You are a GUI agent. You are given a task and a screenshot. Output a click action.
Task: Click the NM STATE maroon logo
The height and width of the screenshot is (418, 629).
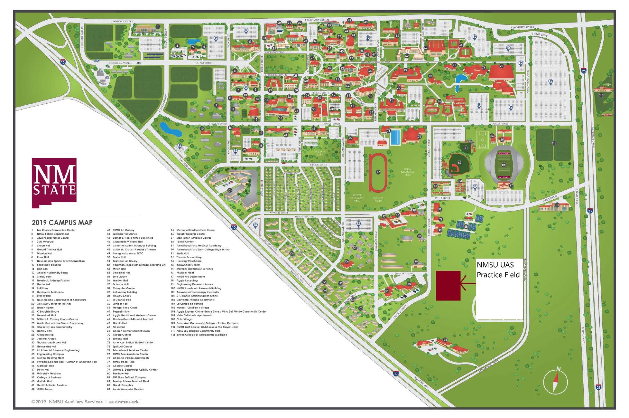click(54, 182)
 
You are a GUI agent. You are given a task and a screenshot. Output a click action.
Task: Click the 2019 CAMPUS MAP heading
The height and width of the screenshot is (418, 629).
click(62, 222)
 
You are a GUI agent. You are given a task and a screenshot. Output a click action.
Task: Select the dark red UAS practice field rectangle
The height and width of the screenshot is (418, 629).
click(448, 285)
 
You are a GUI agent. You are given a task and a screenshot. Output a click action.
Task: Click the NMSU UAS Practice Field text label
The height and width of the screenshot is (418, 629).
click(498, 270)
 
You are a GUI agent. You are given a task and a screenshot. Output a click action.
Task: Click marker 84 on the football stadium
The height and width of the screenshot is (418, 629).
click(504, 165)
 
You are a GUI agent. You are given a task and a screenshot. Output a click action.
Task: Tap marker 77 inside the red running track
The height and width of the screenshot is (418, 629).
click(378, 172)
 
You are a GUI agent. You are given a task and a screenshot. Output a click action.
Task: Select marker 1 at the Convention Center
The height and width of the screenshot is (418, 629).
click(158, 27)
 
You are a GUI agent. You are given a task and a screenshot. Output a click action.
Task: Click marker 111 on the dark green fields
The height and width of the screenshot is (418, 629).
click(553, 143)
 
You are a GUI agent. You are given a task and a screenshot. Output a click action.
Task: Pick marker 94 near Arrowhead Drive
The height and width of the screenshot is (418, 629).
click(445, 340)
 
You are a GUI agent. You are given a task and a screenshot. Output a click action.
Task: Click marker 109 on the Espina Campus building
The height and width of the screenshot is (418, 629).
click(229, 190)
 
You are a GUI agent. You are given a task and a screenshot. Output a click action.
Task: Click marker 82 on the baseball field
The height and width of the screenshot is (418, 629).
click(459, 163)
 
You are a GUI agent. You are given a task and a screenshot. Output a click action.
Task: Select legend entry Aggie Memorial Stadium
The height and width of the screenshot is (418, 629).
click(128, 389)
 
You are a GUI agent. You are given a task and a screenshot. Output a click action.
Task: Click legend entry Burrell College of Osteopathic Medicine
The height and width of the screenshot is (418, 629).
click(201, 335)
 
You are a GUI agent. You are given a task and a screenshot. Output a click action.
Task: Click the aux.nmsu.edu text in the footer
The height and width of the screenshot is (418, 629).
click(124, 402)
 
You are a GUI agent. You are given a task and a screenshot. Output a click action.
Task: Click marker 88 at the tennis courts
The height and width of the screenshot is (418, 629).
click(466, 226)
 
